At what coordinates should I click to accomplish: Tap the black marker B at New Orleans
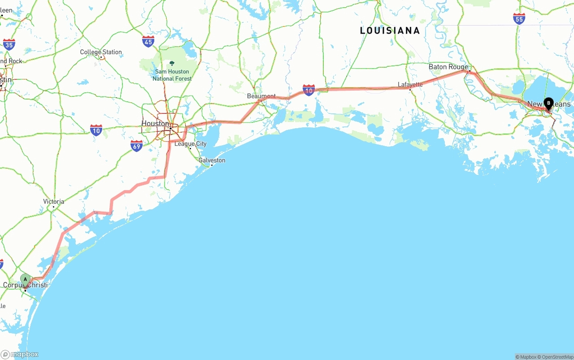click(x=548, y=104)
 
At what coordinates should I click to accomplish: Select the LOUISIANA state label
click(x=390, y=30)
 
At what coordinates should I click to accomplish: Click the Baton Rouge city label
click(x=448, y=67)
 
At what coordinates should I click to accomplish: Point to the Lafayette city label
click(x=410, y=84)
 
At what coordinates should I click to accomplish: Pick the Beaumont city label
click(x=261, y=96)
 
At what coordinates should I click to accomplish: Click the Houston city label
click(x=155, y=123)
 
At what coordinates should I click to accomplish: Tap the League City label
click(x=191, y=144)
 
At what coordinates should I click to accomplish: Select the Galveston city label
click(x=212, y=160)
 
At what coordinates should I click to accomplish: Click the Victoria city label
click(x=53, y=201)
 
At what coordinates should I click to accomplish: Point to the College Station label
click(x=101, y=52)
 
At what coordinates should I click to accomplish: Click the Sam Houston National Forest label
click(x=172, y=75)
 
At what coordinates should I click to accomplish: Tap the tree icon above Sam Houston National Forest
click(x=172, y=63)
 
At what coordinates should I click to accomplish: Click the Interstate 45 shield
click(x=148, y=42)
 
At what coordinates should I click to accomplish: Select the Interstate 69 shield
click(x=137, y=145)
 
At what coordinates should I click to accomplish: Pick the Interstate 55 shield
click(x=519, y=18)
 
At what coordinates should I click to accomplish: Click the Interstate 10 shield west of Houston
click(x=96, y=130)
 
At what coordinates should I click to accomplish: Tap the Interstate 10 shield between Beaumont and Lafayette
click(x=309, y=90)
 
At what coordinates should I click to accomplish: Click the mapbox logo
click(x=20, y=354)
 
